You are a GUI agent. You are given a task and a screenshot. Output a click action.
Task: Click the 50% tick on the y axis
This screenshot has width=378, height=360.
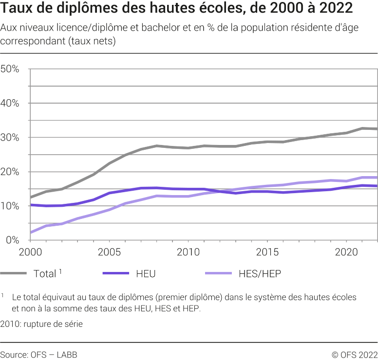tap(10, 69)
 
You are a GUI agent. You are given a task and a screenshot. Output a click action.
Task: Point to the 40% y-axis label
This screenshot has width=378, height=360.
tap(10, 103)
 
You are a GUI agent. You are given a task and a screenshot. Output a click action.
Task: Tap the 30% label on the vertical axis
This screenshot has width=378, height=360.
tap(10, 138)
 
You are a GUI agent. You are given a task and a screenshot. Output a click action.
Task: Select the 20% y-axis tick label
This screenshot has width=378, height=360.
tap(10, 172)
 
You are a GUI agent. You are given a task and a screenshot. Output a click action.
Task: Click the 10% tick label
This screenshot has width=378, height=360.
tap(10, 206)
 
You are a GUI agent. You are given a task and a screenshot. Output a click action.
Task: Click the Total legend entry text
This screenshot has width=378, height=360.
tap(45, 274)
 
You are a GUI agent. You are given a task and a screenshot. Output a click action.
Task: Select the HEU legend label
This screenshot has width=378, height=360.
tap(146, 274)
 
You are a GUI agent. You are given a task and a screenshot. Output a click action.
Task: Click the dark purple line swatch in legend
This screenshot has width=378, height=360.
tap(116, 274)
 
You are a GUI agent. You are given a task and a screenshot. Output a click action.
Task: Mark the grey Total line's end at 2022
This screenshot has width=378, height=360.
tap(377, 129)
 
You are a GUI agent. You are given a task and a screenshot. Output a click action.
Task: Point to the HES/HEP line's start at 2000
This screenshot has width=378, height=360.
tap(31, 233)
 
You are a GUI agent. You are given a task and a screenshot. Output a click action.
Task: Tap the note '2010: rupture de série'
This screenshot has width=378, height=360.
tap(41, 324)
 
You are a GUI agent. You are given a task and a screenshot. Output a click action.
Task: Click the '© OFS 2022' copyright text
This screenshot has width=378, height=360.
tap(355, 355)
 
